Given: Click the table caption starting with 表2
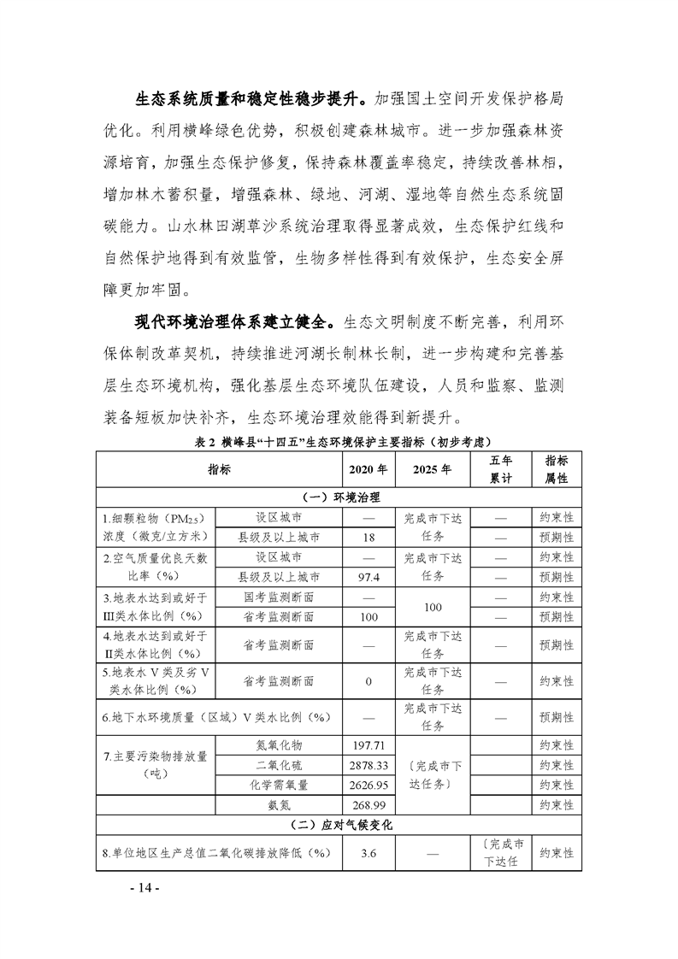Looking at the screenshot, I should pos(339,441).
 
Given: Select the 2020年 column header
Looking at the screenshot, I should pos(368,469).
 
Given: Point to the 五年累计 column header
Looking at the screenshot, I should pos(500,469).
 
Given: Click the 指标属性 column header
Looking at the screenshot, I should pos(557,469).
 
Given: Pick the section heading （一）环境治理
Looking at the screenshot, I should pos(339,497).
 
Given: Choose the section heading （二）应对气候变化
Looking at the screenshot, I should pos(339,826).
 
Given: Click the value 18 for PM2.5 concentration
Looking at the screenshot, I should pos(368,537).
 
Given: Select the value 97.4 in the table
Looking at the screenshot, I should pos(368,577).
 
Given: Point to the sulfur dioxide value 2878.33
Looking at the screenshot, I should pos(368,765).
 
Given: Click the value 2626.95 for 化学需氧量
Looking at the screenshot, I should pos(368,785).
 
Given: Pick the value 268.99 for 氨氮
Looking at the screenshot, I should pos(368,805).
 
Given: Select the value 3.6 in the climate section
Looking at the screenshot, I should pos(368,853).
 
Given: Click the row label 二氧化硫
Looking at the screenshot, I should pos(279,765).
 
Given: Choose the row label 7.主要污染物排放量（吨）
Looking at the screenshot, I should pos(156,765).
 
